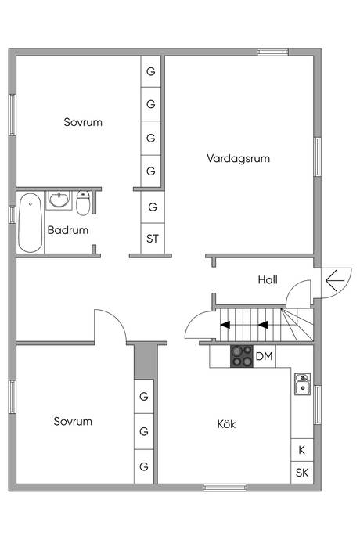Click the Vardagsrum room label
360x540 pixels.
(238, 157)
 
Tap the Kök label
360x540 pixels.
(226, 424)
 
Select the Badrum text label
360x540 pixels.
(67, 230)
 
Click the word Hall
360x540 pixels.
(268, 279)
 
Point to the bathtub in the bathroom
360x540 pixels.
(31, 221)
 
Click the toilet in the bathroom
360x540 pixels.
(84, 203)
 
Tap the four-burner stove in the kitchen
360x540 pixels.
(241, 357)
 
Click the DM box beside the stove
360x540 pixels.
(264, 357)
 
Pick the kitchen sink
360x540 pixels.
(302, 384)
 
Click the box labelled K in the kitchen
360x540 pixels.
(301, 450)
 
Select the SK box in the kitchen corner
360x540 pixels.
(301, 473)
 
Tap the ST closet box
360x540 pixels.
(152, 238)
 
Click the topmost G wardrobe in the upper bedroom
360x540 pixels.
(151, 70)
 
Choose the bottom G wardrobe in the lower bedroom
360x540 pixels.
(144, 466)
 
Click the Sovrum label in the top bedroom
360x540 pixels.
(83, 122)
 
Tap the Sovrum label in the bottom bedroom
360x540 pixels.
(73, 421)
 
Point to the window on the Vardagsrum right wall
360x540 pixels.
(317, 160)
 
